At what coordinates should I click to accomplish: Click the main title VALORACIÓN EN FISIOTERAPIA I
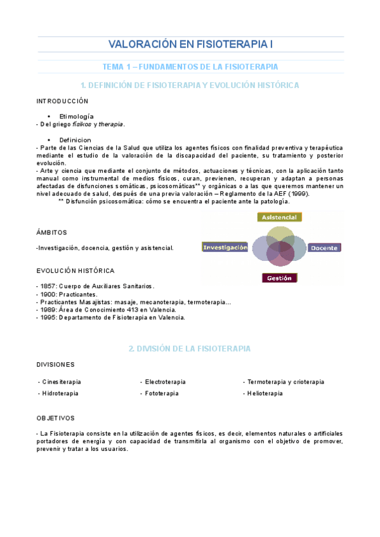[190, 45]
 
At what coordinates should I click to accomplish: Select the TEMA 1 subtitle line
[190, 66]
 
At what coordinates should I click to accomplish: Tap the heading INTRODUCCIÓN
[62, 101]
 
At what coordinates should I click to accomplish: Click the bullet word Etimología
[76, 117]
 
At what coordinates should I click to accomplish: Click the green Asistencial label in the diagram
[279, 217]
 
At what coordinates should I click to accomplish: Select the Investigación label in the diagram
[225, 248]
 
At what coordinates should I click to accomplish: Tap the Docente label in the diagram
[324, 248]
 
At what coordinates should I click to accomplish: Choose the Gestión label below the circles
[279, 278]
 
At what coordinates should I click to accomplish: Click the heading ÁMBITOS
[51, 232]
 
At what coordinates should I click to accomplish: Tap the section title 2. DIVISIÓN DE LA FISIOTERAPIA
[190, 348]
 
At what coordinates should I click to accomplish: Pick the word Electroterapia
[165, 382]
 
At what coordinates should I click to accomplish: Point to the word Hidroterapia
[60, 394]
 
